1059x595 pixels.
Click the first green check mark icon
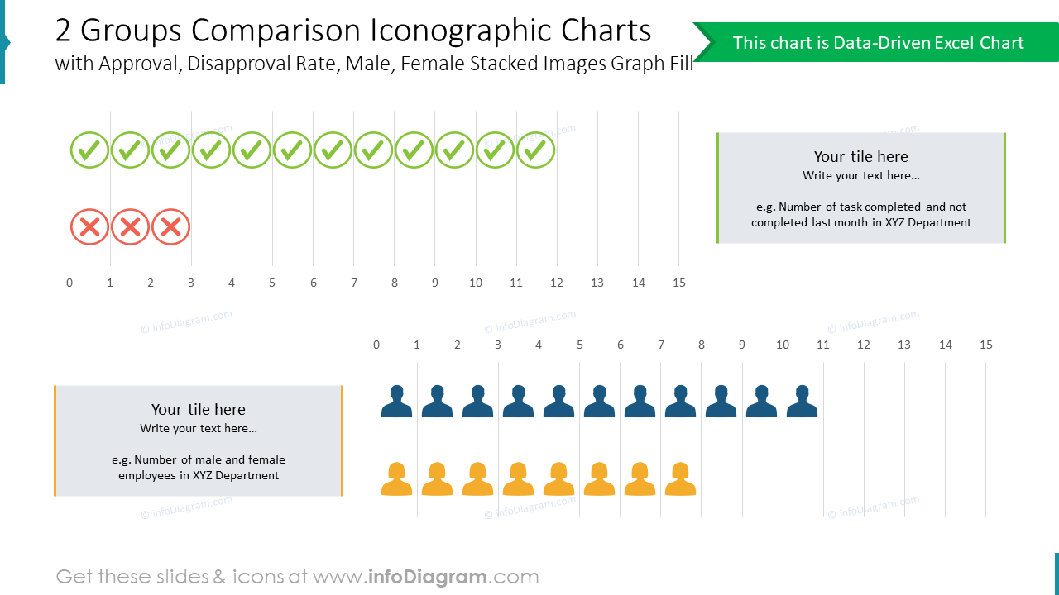pyautogui.click(x=89, y=150)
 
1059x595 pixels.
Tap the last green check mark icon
pyautogui.click(x=536, y=150)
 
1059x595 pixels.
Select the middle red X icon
pyautogui.click(x=130, y=226)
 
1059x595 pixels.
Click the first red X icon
pyautogui.click(x=89, y=226)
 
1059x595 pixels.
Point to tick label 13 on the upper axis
pyautogui.click(x=597, y=283)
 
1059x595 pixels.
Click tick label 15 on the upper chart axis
pyautogui.click(x=679, y=283)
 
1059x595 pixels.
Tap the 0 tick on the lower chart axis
pyautogui.click(x=376, y=345)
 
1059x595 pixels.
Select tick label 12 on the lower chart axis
pyautogui.click(x=864, y=345)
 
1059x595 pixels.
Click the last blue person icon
pyautogui.click(x=802, y=401)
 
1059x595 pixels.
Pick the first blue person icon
pyautogui.click(x=396, y=401)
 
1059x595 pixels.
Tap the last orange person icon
pyautogui.click(x=680, y=479)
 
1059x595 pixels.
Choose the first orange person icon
pyautogui.click(x=396, y=479)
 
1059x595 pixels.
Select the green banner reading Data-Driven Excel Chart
pyautogui.click(x=877, y=43)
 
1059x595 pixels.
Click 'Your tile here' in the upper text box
pyautogui.click(x=860, y=157)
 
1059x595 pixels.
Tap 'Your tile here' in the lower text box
pyautogui.click(x=199, y=410)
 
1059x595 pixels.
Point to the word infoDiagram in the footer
pyautogui.click(x=428, y=577)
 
